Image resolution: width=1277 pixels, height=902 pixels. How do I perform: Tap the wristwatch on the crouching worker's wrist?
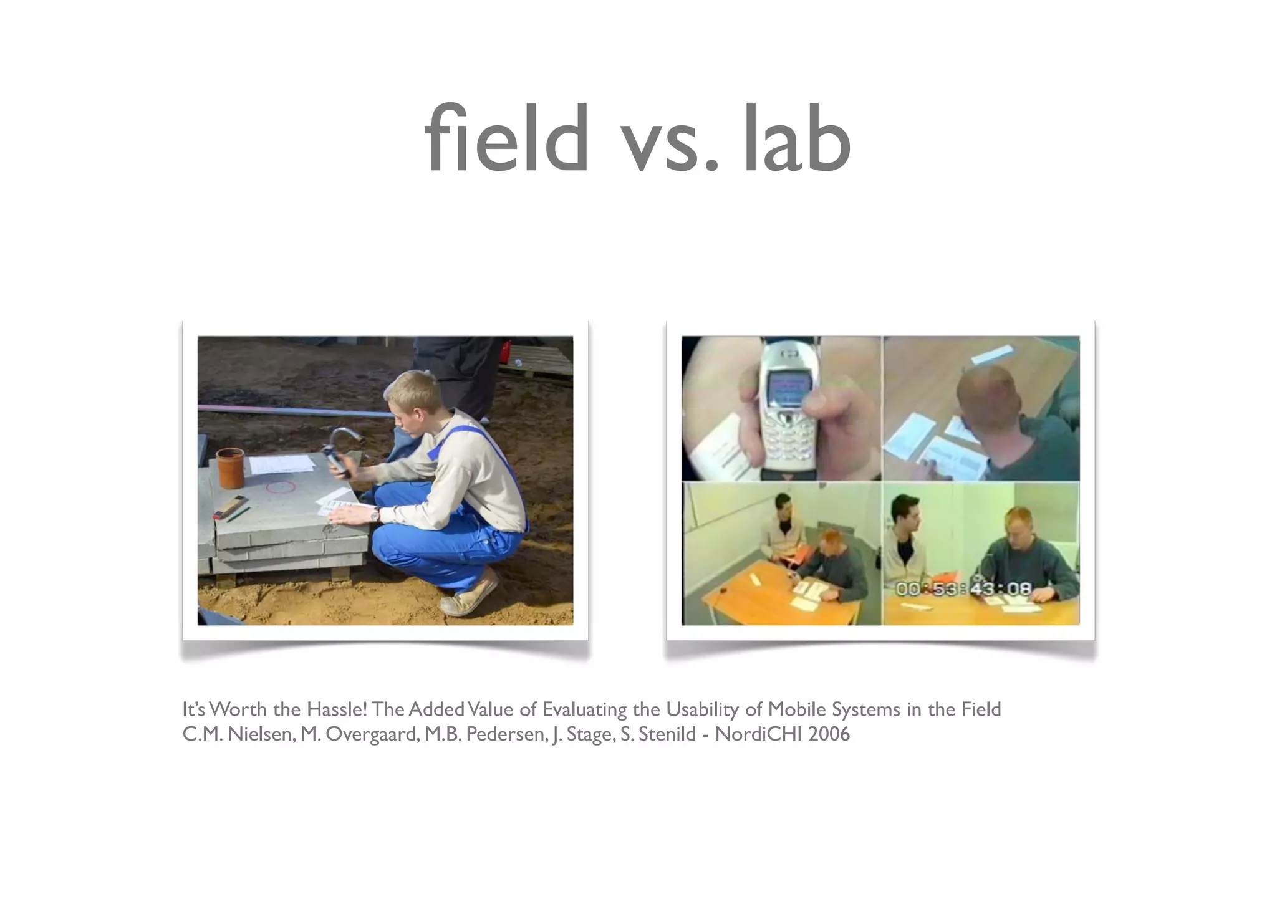[375, 514]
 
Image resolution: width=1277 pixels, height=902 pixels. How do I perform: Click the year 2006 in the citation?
[829, 734]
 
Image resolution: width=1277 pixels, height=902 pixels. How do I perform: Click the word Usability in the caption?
[702, 709]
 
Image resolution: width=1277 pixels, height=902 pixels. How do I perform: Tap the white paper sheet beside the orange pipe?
[282, 464]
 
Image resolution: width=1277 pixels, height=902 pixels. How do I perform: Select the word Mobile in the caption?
[794, 709]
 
